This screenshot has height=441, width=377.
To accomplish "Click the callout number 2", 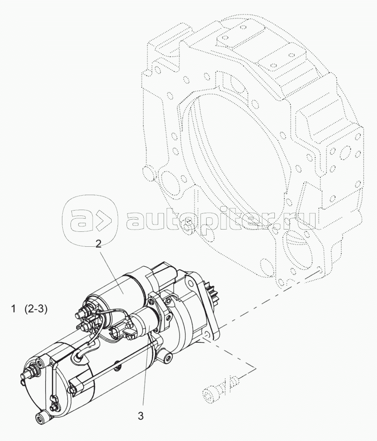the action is click(98, 244).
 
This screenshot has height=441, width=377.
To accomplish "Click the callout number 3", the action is click(141, 416).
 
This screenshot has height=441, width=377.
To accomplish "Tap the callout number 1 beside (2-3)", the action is click(13, 309).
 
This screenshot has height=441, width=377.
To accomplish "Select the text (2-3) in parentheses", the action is click(36, 309).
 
